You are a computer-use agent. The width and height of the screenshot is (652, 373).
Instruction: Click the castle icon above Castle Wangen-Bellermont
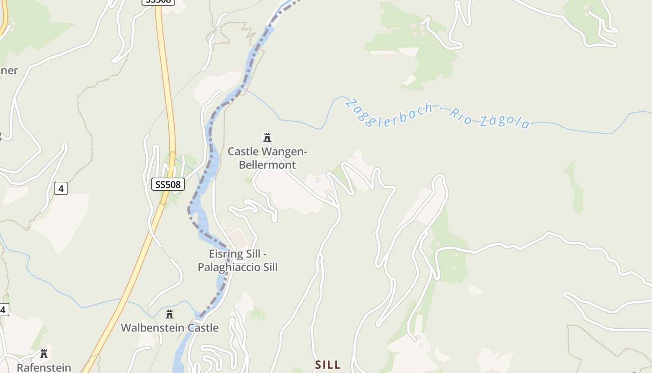pos(267,138)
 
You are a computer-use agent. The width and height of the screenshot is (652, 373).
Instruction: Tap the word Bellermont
pos(267,165)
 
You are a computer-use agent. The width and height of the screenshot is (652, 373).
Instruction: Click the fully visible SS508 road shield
pos(168,185)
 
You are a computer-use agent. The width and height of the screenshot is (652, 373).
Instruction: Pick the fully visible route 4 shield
pos(61,188)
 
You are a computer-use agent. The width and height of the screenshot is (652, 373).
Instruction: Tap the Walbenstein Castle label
pos(170,328)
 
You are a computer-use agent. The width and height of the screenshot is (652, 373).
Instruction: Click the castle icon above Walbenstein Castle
pos(170,314)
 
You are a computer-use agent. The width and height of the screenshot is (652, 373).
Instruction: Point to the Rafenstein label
pos(44,367)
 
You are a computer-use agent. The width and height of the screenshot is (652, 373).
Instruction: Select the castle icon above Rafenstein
pos(44,354)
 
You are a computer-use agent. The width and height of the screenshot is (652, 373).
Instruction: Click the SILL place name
pos(328,365)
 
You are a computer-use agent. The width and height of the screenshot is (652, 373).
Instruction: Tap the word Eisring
pos(226,254)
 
